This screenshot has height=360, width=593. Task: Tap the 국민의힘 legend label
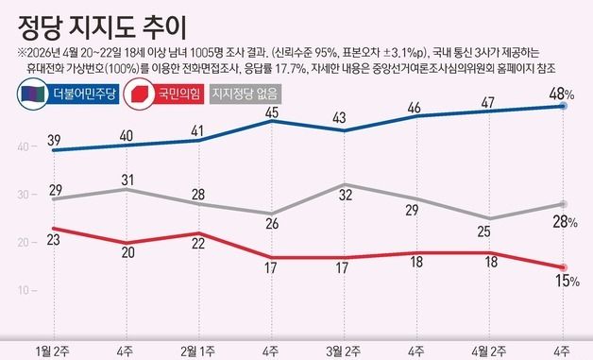(173, 94)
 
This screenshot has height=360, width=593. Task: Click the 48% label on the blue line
(563, 93)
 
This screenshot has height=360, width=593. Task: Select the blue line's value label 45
(272, 113)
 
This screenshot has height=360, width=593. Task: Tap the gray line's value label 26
(272, 225)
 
